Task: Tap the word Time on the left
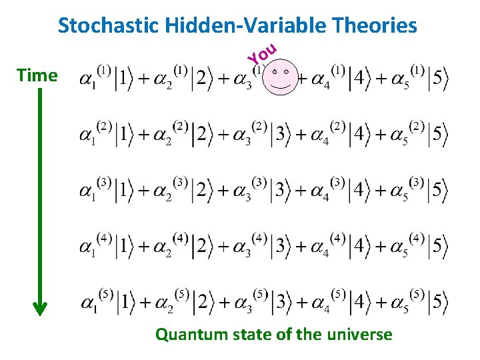(x=37, y=75)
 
